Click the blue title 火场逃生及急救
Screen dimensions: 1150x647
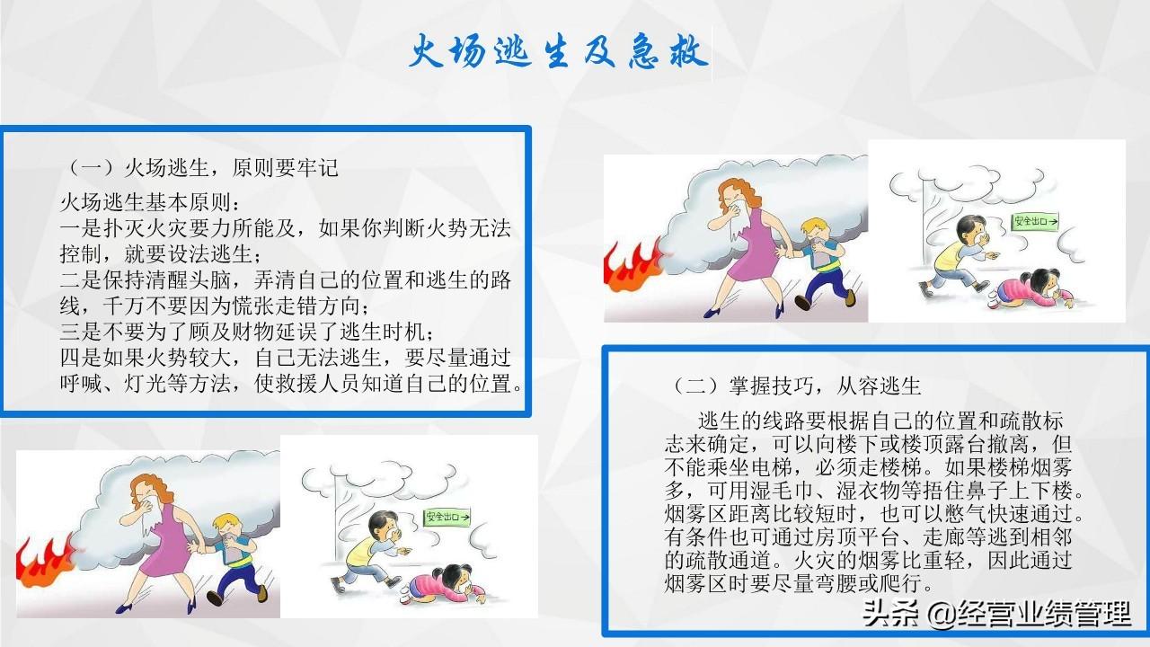point(559,51)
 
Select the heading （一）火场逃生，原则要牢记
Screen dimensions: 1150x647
point(199,168)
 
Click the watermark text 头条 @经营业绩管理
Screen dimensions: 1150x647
point(996,614)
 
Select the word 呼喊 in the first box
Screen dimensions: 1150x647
point(81,383)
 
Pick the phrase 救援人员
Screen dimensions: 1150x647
point(318,383)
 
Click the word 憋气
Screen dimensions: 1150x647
point(966,513)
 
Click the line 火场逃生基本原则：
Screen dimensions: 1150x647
point(150,203)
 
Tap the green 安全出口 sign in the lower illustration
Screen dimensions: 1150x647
point(447,517)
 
